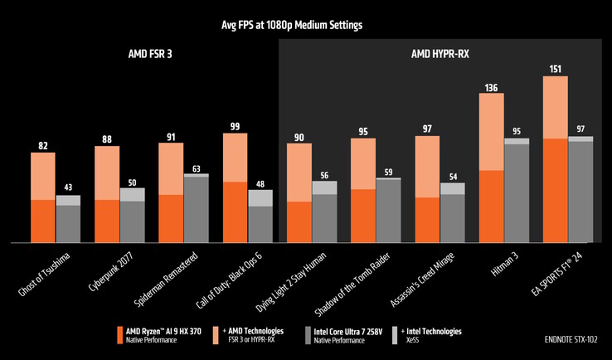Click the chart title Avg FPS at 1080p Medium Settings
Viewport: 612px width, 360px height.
pos(306,25)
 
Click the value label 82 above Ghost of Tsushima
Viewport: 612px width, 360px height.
pos(42,146)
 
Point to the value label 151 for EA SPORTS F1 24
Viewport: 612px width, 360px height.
pos(555,69)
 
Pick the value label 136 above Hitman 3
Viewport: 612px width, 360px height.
pos(491,86)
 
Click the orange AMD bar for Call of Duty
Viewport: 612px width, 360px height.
pos(235,212)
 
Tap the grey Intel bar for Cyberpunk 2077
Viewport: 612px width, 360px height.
pos(132,221)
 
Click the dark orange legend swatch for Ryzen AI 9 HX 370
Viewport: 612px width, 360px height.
pos(120,334)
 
